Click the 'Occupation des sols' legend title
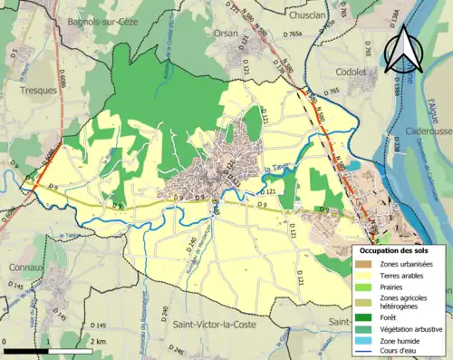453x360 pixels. pos(395,249)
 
